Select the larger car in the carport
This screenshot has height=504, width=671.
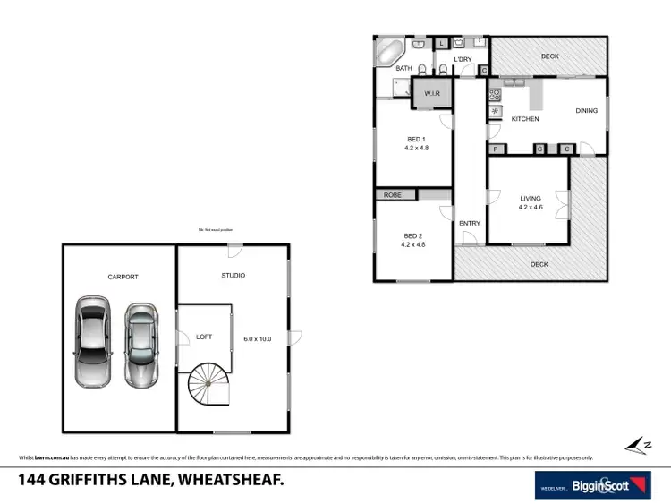point(91,341)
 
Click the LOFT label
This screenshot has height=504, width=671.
point(204,337)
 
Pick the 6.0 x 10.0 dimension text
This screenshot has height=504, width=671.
point(257,338)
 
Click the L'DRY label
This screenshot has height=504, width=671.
point(463,60)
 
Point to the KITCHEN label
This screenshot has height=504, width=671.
point(525,119)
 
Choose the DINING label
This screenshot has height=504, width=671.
point(586,111)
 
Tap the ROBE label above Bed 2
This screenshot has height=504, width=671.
point(392,194)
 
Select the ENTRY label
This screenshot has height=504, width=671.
point(470,223)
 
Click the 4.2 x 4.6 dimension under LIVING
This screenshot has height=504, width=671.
point(531,208)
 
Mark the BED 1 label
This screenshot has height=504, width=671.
point(416,139)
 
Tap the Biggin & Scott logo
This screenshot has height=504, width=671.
point(592,484)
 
